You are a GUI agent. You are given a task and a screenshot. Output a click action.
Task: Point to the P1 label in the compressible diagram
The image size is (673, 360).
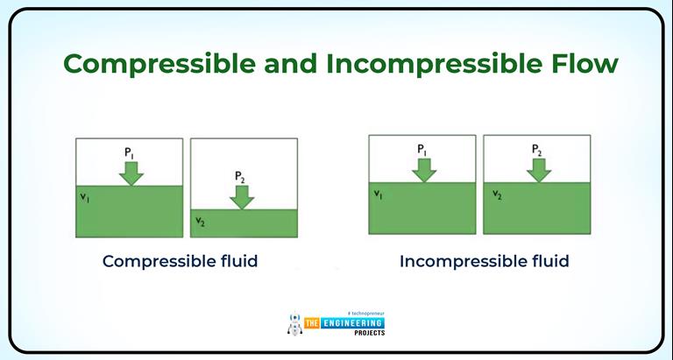130,153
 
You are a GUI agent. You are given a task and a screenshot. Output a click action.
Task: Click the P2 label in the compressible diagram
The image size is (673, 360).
240,177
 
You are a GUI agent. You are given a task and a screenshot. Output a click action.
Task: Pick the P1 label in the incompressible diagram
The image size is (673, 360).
422,149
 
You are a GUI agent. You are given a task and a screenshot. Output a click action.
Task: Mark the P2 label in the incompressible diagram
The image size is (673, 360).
537,149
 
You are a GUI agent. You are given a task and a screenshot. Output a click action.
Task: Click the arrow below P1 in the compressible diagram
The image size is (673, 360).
131,173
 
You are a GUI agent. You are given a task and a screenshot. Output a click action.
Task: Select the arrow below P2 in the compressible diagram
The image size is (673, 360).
241,197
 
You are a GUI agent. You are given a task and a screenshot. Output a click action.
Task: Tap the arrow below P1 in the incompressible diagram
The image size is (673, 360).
423,169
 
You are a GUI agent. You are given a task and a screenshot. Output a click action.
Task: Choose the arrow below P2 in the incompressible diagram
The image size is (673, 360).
538,169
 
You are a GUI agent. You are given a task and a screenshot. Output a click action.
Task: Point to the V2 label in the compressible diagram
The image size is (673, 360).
200,221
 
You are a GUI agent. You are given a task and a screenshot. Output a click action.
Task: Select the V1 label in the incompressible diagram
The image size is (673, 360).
379,194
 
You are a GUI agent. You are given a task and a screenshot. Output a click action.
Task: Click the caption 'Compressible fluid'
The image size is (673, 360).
180,261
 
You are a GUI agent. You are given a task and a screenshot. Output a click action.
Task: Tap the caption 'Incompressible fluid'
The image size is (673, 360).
484,261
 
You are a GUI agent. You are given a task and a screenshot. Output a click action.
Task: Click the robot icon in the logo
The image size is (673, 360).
295,323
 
